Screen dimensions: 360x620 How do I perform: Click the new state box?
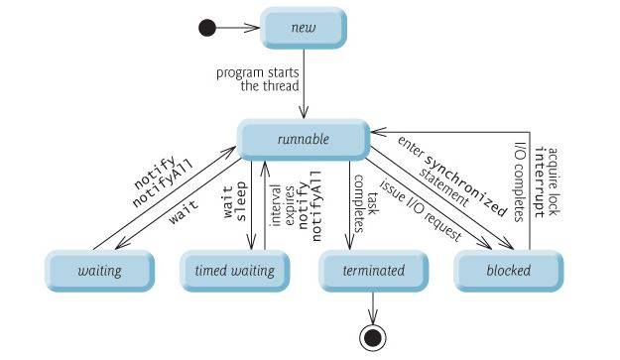303,28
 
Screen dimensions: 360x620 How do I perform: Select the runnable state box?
303,139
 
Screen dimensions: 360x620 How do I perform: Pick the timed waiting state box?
233,270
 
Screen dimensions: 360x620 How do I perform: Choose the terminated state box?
372,270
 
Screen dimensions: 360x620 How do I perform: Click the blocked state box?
508,270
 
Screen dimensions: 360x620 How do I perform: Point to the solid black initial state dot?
207,28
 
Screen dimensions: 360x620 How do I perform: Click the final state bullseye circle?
372,338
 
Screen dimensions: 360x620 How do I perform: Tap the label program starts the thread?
259,79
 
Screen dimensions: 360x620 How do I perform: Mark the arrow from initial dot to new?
238,28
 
